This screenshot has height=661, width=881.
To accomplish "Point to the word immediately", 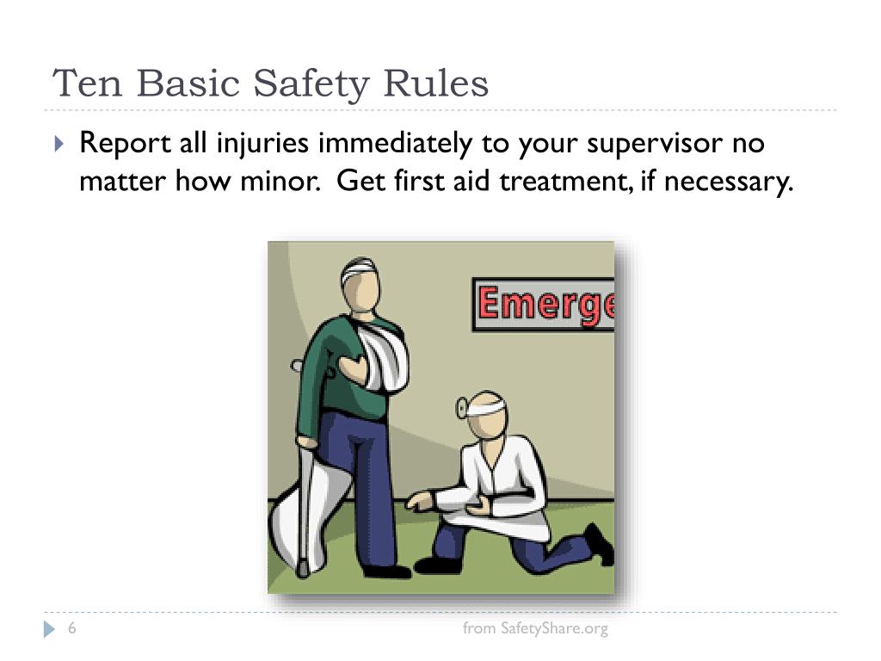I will tap(392, 143).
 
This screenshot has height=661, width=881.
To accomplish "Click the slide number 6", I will tap(72, 629).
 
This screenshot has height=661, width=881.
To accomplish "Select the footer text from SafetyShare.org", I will tap(535, 628).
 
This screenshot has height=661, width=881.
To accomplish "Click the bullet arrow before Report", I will tap(59, 143).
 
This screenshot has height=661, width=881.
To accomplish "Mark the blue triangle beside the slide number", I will tap(49, 629).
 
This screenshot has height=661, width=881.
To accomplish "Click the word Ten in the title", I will tap(87, 83).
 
